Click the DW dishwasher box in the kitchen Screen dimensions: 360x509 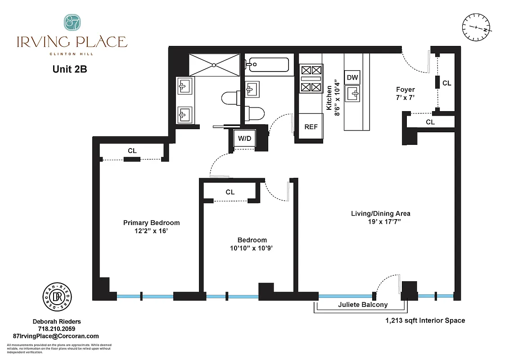coord(352,77)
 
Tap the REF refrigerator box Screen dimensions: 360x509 coord(311,127)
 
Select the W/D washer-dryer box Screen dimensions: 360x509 coord(244,139)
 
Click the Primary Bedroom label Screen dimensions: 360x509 coord(152,223)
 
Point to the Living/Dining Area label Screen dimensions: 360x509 coord(381,213)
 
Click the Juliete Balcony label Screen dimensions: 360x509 coord(362,305)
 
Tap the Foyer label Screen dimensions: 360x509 coord(405,90)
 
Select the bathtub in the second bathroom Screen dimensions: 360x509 coord(267,65)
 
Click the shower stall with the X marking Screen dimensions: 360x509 coord(215,64)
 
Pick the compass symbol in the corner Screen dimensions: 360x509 coord(476,27)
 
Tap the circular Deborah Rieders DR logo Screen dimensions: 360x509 coord(58,297)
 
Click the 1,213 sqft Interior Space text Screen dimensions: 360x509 coord(425,320)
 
